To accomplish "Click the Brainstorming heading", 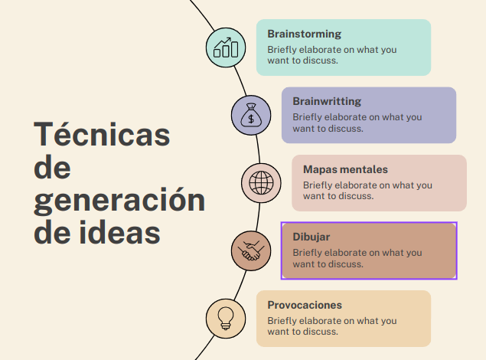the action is pyautogui.click(x=304, y=34).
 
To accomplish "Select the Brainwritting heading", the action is pyautogui.click(x=327, y=101).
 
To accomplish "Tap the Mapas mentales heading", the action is pyautogui.click(x=345, y=169).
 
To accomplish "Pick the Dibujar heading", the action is pyautogui.click(x=311, y=237).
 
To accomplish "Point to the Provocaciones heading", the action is pyautogui.click(x=305, y=305).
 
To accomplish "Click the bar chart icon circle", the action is pyautogui.click(x=226, y=47).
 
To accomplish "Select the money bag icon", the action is pyautogui.click(x=251, y=115).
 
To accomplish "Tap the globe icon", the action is pyautogui.click(x=261, y=183).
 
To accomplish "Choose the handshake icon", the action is pyautogui.click(x=251, y=250).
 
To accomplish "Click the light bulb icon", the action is pyautogui.click(x=226, y=318).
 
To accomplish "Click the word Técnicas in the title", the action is pyautogui.click(x=102, y=133).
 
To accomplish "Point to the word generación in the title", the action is pyautogui.click(x=119, y=200).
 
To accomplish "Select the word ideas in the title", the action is pyautogui.click(x=119, y=232).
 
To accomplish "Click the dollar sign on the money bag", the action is pyautogui.click(x=251, y=119).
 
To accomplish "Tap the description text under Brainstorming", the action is pyautogui.click(x=332, y=55).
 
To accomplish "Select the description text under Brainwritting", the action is pyautogui.click(x=357, y=123).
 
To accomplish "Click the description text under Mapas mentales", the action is pyautogui.click(x=367, y=191).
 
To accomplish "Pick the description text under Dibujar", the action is pyautogui.click(x=357, y=258).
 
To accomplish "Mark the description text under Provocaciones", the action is pyautogui.click(x=332, y=326).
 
